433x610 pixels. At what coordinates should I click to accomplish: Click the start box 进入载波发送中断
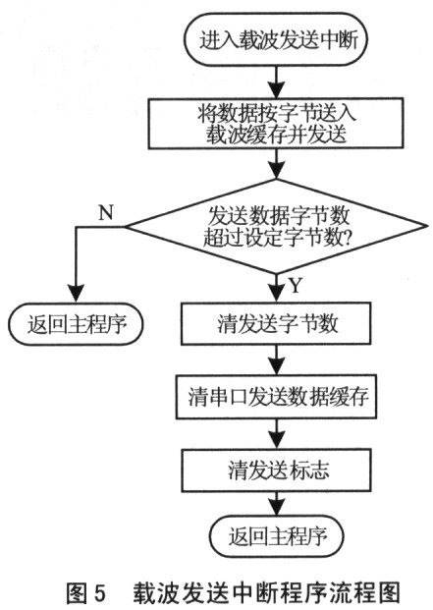tap(276, 39)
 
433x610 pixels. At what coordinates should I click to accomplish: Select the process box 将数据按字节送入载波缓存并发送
tap(276, 124)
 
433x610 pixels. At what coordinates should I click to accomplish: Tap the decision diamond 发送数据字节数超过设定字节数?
tap(276, 226)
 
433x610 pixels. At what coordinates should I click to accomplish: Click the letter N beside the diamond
tap(106, 213)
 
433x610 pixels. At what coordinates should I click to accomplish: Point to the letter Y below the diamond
tap(296, 286)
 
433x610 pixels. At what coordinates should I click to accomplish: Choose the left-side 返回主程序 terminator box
tap(77, 324)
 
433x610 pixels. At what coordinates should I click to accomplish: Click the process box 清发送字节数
tap(276, 324)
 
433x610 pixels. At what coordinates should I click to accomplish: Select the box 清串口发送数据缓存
tap(276, 397)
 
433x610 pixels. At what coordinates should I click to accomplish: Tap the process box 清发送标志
tap(276, 470)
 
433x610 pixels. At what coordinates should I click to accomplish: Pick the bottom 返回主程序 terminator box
tap(276, 536)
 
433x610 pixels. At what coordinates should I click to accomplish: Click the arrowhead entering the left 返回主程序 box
tap(77, 294)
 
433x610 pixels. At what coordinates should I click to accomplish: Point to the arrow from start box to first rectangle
tap(276, 82)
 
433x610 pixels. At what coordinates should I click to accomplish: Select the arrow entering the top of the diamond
tap(276, 164)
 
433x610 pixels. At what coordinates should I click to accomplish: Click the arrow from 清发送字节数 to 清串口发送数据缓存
tap(276, 360)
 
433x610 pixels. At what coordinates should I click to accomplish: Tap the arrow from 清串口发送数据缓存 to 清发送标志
tap(276, 434)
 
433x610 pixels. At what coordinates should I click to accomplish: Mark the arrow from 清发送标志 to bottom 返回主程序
tap(276, 503)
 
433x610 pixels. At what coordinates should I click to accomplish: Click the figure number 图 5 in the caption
tap(85, 593)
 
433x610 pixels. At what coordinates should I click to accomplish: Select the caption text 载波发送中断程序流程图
tap(267, 593)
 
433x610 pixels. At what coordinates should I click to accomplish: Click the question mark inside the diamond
tap(346, 238)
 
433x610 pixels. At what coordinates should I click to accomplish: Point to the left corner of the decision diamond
tap(125, 226)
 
